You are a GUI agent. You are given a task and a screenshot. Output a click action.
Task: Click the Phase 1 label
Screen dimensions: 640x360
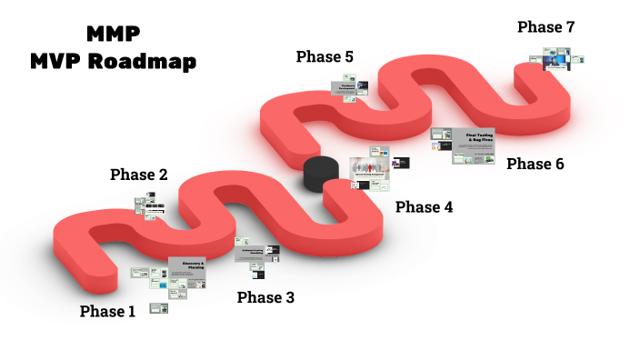107,312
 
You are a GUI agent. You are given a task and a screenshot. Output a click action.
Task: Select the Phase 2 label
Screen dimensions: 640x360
138,175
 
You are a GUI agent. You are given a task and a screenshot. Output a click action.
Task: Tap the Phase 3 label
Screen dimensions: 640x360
265,297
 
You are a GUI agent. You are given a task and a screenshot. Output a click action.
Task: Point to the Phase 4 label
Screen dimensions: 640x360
424,207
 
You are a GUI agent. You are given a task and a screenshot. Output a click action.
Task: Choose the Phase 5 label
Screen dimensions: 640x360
325,57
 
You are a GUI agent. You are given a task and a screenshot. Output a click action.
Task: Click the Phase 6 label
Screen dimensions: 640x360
535,164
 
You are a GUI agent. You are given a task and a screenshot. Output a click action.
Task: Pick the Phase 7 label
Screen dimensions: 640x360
545,27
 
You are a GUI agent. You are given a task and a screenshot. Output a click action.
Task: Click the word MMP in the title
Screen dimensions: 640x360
115,35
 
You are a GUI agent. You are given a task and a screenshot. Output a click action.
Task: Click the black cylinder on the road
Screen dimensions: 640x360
319,173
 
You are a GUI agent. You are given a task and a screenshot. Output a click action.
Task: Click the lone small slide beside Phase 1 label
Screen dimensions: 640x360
158,309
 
